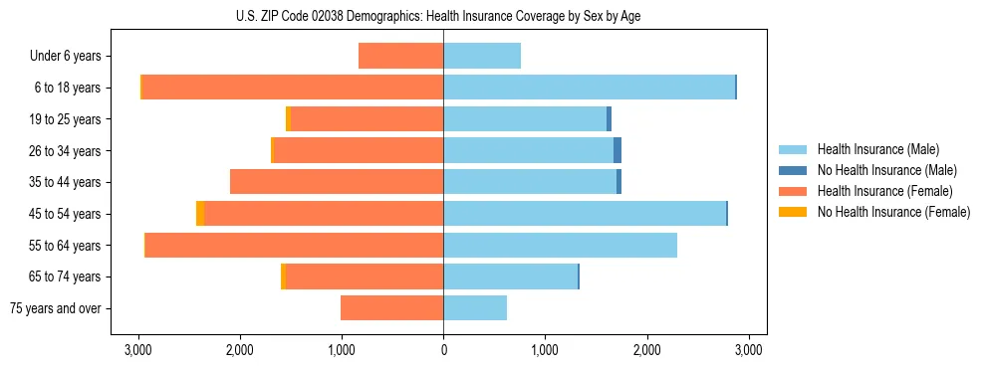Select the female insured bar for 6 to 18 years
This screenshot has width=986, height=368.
point(293,88)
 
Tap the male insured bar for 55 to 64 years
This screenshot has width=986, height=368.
point(560,245)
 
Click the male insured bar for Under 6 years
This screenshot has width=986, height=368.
point(482,57)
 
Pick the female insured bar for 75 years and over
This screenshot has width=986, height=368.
point(391,308)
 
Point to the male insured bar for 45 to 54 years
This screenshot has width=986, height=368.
point(585,214)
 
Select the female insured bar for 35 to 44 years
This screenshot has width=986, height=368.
point(337,182)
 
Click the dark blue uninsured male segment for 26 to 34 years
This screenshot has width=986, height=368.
point(617,150)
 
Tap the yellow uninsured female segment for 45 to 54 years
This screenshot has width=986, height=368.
point(200,214)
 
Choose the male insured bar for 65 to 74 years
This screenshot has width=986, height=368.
point(510,276)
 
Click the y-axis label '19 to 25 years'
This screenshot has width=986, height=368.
point(66,119)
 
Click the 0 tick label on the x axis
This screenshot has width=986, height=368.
point(443,350)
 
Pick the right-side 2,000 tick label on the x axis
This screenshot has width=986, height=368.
point(647,350)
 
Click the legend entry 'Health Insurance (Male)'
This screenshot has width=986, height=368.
point(877,149)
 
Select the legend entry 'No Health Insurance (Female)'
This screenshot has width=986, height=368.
point(893,212)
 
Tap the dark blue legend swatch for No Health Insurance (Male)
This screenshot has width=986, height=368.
point(793,170)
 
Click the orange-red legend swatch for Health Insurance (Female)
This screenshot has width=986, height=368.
point(793,191)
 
